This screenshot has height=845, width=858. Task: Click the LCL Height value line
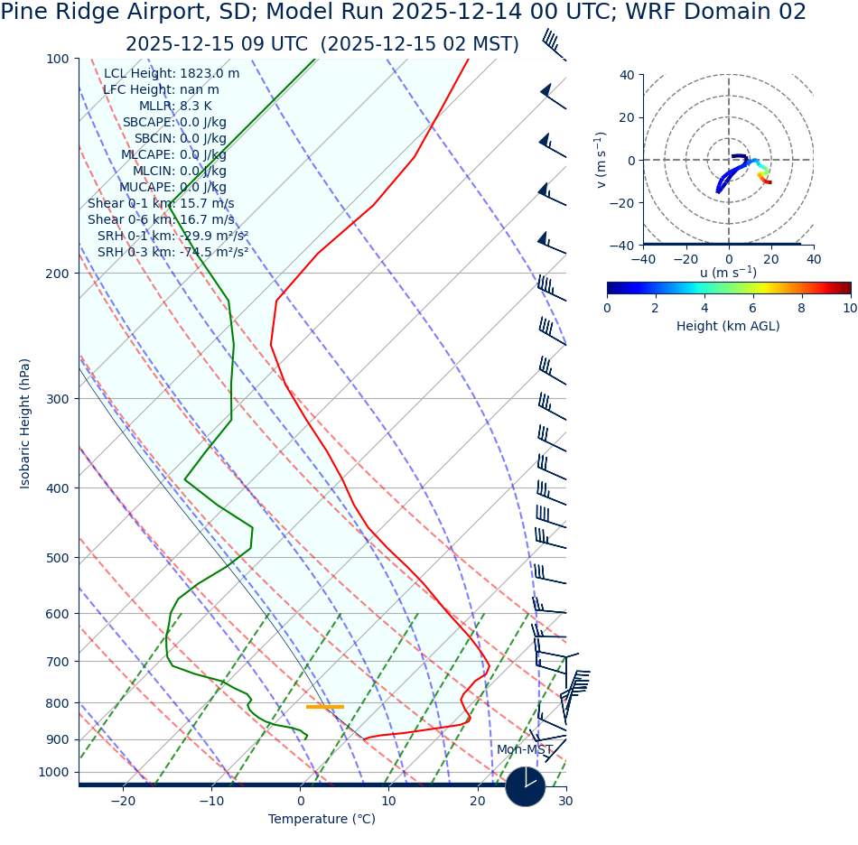pos(172,74)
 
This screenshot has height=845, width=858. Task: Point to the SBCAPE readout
pos(174,123)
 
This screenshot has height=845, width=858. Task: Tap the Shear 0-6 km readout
pos(161,220)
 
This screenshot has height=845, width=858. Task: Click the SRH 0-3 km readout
pos(173,253)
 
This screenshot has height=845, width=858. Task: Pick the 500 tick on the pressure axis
pos(58,558)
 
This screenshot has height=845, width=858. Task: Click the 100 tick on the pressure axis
pos(58,59)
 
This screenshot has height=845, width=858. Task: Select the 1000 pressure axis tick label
pos(54,772)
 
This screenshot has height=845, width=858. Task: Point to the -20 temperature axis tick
pos(123,801)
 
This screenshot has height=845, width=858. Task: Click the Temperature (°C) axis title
pos(322,820)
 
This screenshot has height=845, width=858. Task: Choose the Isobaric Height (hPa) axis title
pos(25,423)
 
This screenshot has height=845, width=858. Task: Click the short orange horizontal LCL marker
pos(325,707)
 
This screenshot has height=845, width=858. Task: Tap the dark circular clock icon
pos(525,786)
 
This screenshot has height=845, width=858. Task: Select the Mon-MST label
pos(525,750)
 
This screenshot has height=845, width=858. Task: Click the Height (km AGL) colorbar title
pos(728,326)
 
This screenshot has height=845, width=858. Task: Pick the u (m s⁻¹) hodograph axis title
pos(728,273)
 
